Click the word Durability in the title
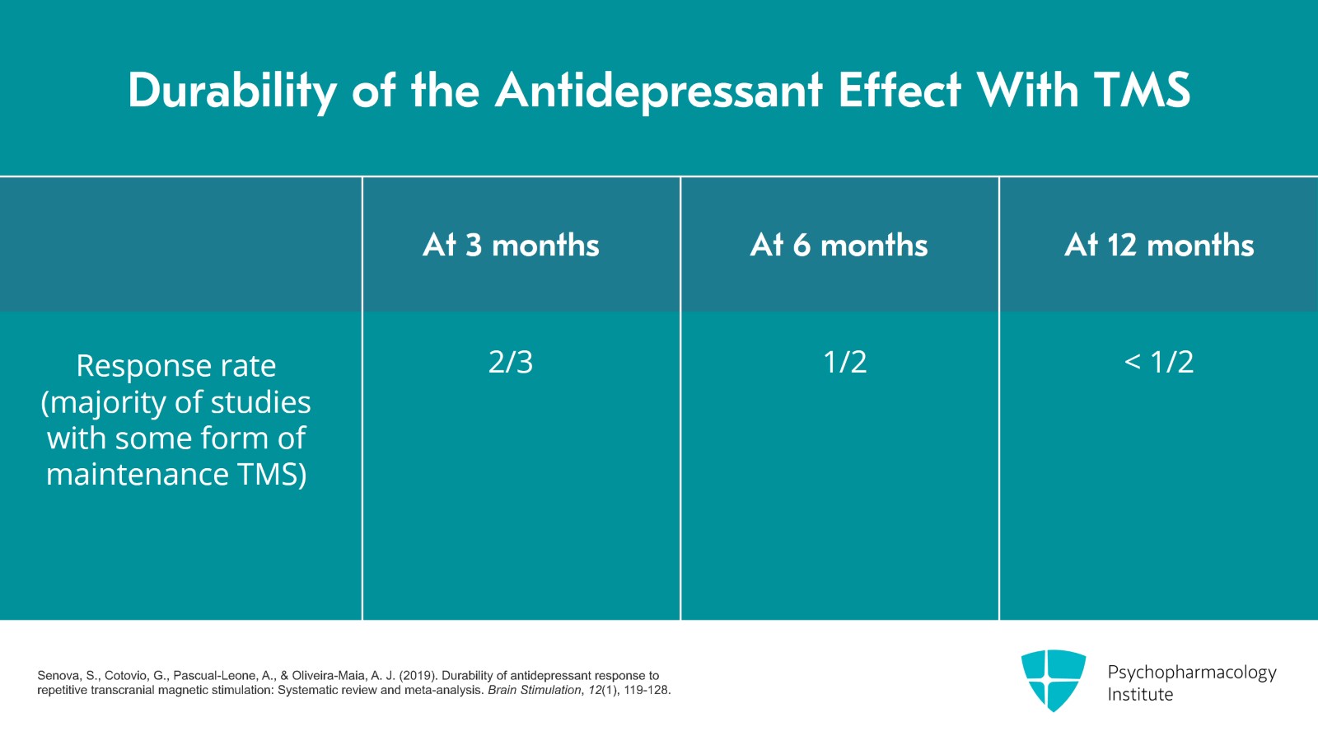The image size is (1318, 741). point(231,90)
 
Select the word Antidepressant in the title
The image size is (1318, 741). point(658,90)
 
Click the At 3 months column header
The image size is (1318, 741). point(511,245)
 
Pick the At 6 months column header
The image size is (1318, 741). point(839,245)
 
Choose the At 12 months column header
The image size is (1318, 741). point(1159,245)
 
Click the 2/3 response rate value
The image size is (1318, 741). point(511,362)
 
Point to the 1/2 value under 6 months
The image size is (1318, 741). point(845,362)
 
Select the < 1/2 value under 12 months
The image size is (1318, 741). point(1159,362)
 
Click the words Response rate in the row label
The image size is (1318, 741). point(175,366)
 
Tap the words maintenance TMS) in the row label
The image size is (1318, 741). point(175,475)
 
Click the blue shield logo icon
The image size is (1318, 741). point(1053,680)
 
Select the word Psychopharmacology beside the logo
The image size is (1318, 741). point(1191,673)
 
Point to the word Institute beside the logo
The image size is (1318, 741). point(1139,695)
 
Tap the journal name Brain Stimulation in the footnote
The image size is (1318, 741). point(534,690)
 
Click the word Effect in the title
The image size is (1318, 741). point(899,90)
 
